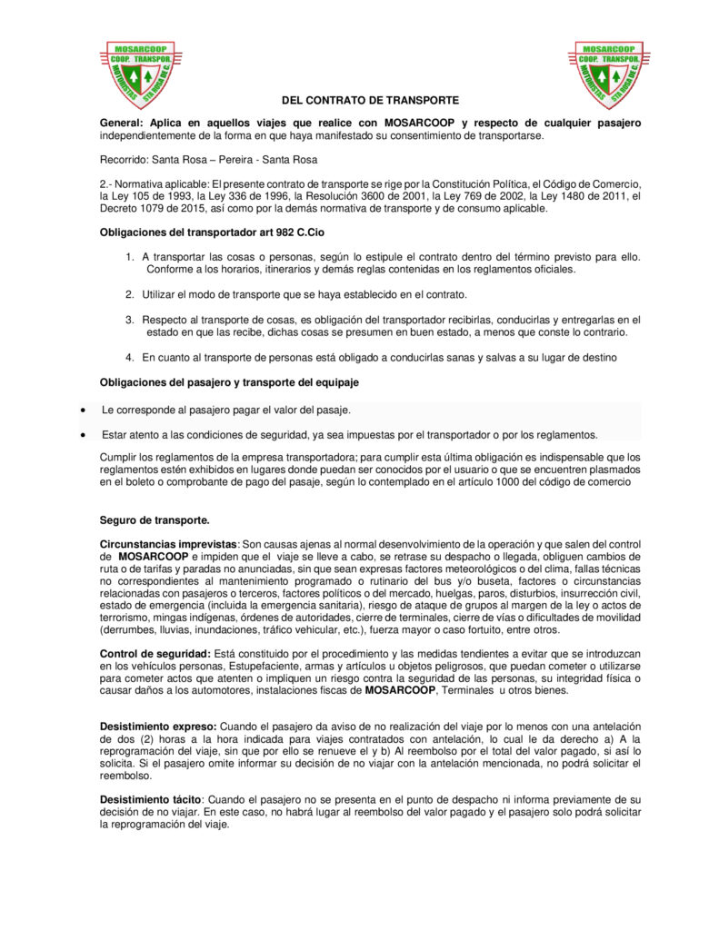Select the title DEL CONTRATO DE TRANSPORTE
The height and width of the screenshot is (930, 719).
[370, 100]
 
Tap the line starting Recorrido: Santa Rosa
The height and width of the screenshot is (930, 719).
[208, 160]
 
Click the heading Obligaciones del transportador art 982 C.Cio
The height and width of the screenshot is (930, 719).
[211, 232]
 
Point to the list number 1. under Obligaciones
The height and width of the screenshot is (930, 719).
[131, 257]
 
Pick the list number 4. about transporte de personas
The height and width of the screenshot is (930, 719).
[131, 357]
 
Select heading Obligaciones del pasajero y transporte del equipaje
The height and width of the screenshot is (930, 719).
[229, 382]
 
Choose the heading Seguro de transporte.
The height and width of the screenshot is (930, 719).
[155, 520]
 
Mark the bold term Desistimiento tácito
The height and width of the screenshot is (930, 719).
[150, 800]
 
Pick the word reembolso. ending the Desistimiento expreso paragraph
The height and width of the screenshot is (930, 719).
[126, 777]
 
